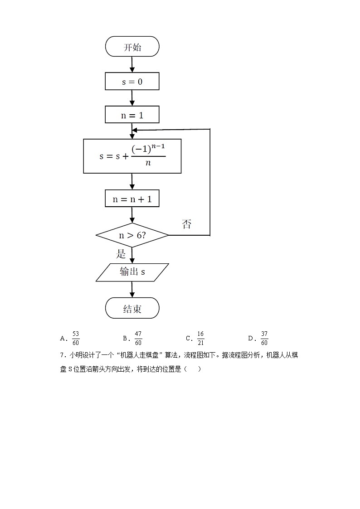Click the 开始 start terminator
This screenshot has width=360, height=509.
tap(132, 47)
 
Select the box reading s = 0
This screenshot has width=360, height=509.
tap(132, 82)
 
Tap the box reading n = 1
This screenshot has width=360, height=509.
tap(132, 115)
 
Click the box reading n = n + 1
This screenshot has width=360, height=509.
tap(132, 199)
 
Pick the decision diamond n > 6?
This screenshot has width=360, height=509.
tap(132, 235)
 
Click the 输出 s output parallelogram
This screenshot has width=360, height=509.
tap(132, 272)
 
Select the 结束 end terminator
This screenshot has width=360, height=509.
tap(132, 309)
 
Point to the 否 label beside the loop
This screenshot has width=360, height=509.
tap(186, 224)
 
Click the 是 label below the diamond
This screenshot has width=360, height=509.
tap(121, 254)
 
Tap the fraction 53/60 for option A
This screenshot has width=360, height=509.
tap(76, 338)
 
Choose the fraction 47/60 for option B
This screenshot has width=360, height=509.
tap(138, 338)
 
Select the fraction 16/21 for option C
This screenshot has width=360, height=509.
tap(200, 338)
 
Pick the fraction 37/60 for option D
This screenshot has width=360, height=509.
tap(264, 338)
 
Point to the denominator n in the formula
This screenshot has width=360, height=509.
tap(148, 163)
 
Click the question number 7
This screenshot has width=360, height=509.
tap(62, 356)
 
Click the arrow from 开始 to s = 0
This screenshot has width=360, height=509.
tap(132, 64)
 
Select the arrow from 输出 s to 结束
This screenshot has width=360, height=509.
tap(132, 289)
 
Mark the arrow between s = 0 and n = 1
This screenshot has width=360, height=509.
tap(132, 98)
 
